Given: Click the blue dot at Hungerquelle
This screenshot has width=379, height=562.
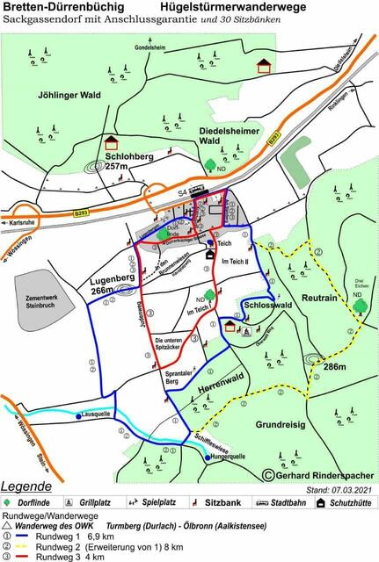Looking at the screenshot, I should tap(208, 458).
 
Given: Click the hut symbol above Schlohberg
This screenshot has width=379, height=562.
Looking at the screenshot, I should tap(112, 141).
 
